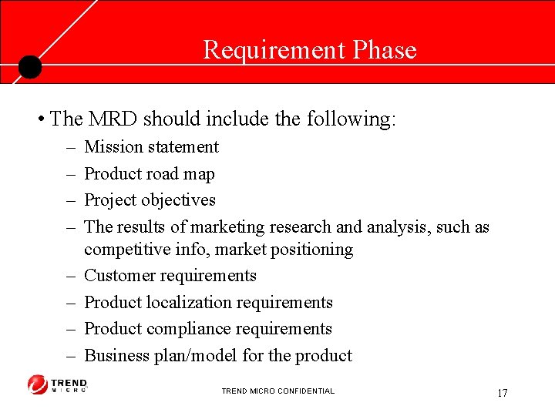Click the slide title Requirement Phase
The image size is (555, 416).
[x=309, y=50]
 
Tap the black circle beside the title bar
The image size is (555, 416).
[x=29, y=67]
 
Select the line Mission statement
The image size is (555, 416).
[x=151, y=147]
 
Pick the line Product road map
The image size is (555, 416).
[x=149, y=174]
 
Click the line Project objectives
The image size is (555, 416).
[x=150, y=200]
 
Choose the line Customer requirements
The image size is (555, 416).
[x=170, y=276]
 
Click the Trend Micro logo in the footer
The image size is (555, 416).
[x=58, y=384]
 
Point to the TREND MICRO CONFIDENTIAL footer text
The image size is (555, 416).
[x=277, y=391]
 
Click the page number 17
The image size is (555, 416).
[x=502, y=394]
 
